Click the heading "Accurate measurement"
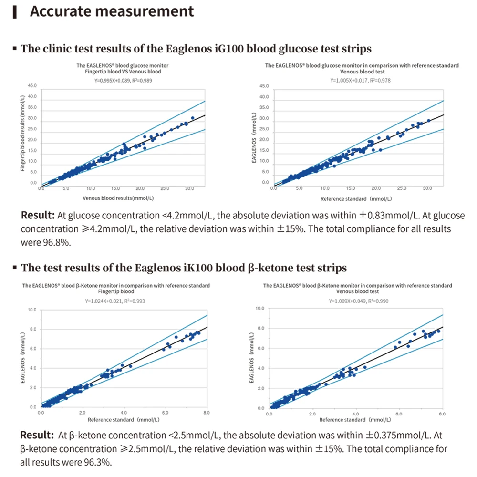pos(112,11)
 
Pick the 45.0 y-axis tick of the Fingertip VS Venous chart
pos(32,86)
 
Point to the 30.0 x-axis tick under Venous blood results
pos(189,189)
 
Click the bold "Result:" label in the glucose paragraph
pos(38,216)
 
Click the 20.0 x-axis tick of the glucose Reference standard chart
pos(376,189)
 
